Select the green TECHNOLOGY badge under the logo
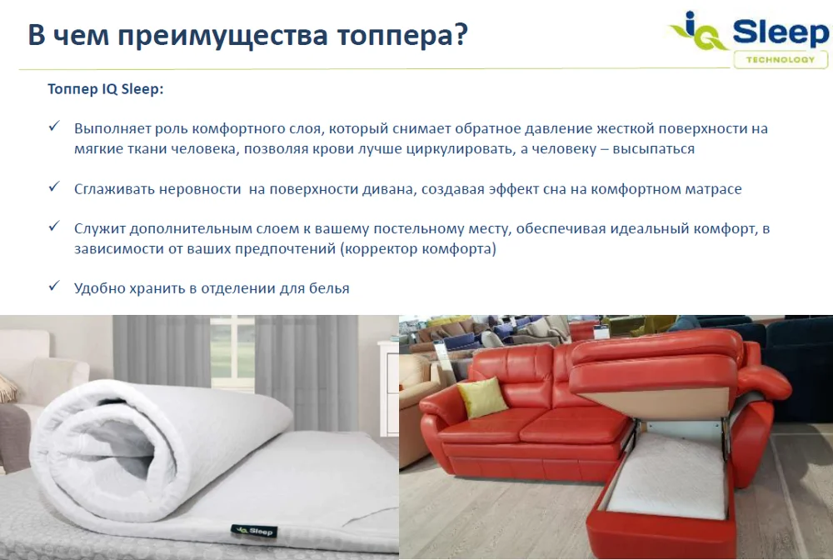point(781,60)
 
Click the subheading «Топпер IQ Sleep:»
point(105,89)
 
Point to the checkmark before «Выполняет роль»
point(53,127)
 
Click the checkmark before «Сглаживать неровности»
point(53,187)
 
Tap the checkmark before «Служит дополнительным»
point(53,227)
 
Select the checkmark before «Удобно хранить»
point(53,287)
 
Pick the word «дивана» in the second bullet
point(387,189)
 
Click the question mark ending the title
point(458,36)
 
